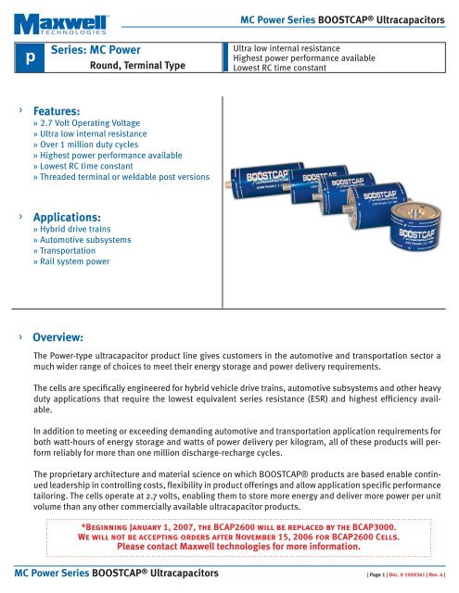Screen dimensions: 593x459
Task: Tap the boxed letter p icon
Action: pyautogui.click(x=31, y=57)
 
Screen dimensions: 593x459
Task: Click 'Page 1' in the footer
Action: pyautogui.click(x=375, y=581)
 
